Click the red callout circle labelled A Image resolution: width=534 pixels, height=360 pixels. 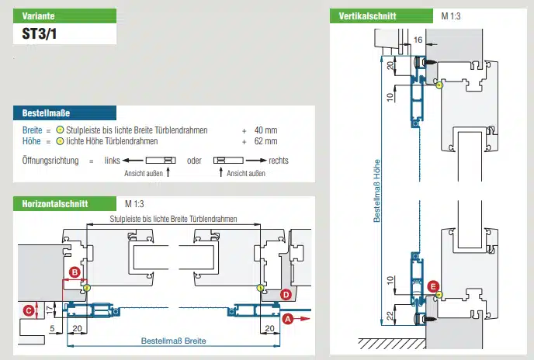pos(288,318)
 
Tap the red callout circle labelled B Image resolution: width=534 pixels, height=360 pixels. pos(75,272)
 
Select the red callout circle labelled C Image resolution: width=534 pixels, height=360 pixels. pos(29,310)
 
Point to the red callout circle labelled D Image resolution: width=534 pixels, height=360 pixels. pos(286,294)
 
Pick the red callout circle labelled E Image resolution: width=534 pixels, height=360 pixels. pos(433,286)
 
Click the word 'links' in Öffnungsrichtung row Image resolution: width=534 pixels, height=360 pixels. pos(112,160)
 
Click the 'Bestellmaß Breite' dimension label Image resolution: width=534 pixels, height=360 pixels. pos(173,341)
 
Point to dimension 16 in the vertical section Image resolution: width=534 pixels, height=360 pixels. pos(418,38)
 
